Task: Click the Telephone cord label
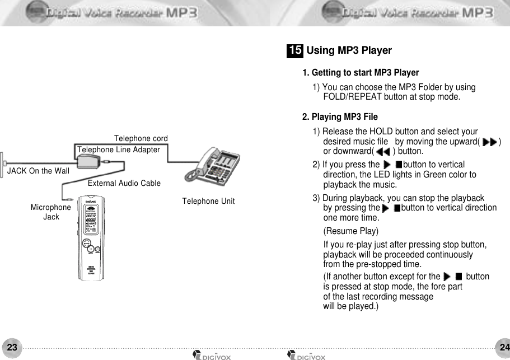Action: [141, 138]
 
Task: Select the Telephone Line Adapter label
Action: [119, 149]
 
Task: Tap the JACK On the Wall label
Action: [38, 171]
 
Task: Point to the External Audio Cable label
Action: [124, 183]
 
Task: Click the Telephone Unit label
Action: [208, 201]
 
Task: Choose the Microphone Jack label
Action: [51, 212]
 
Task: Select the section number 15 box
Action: [295, 51]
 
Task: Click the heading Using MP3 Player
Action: [349, 51]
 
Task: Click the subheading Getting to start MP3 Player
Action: [361, 73]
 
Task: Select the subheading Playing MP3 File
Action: [340, 117]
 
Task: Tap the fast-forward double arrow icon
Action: [489, 142]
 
